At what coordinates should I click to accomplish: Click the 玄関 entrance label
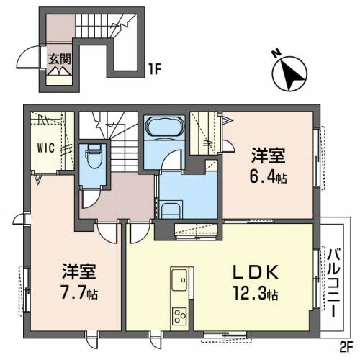tap(60, 59)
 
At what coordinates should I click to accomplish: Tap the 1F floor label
tap(155, 68)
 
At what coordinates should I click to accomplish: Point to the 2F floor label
tap(346, 348)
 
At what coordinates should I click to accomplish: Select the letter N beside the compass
tap(276, 53)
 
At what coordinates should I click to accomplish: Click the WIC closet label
tap(46, 148)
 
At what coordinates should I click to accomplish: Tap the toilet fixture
tap(94, 156)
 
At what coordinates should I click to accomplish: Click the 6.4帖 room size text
tap(268, 177)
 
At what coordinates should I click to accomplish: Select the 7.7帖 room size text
tap(79, 293)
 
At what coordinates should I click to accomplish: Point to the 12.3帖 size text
tap(256, 293)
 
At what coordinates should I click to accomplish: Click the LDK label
tap(256, 272)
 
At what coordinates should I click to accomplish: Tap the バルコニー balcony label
tap(333, 283)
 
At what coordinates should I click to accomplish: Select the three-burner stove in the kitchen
tap(179, 316)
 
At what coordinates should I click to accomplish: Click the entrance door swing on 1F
tap(28, 57)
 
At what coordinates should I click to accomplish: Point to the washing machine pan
tap(171, 211)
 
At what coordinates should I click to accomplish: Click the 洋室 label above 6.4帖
tap(269, 156)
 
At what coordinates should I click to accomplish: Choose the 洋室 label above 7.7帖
tap(79, 271)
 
